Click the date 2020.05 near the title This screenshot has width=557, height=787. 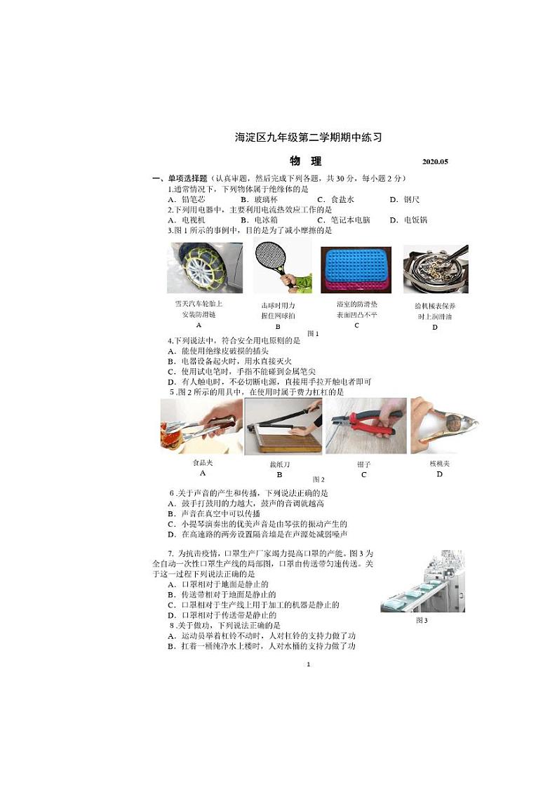coord(435,162)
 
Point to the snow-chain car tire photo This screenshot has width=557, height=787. coord(204,267)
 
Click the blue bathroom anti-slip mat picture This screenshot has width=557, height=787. coord(356,269)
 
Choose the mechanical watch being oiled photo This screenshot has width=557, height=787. coord(436,269)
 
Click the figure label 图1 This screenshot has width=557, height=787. coord(313,334)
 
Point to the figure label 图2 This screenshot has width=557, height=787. coord(318,480)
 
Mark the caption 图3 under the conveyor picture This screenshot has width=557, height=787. coord(421,621)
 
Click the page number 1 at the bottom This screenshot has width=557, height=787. coord(308,664)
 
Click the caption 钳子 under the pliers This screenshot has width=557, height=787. coord(363,464)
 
